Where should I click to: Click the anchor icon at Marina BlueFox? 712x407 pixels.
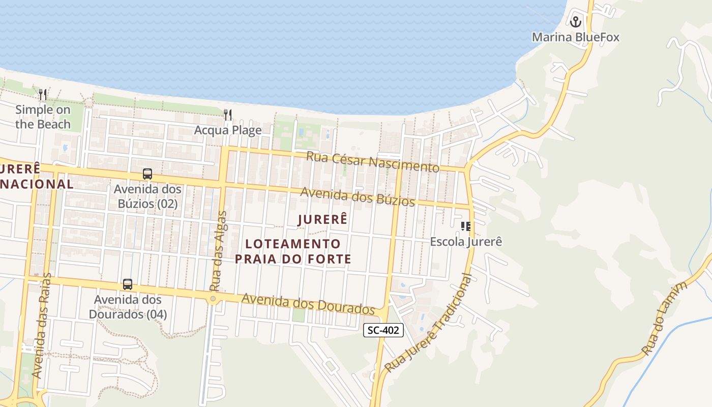[x=576, y=22]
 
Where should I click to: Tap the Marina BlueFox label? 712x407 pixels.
[x=576, y=37]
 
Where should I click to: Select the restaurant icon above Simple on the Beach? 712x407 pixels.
[x=43, y=95]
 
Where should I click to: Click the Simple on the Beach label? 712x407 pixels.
[x=43, y=117]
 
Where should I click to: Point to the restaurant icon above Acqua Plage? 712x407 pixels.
[x=228, y=115]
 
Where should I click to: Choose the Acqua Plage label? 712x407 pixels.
[x=228, y=130]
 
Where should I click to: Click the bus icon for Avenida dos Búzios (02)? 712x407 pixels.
[x=147, y=174]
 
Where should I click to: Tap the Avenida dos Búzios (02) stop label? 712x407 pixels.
[x=147, y=196]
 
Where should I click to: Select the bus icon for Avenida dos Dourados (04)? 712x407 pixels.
[x=128, y=284]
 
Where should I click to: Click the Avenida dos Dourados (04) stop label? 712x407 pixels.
[x=128, y=307]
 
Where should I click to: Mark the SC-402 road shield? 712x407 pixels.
[x=384, y=330]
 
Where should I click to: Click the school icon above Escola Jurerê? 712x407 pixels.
[x=466, y=226]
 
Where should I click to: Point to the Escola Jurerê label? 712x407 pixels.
[x=466, y=242]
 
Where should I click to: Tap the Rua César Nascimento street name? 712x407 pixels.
[x=373, y=161]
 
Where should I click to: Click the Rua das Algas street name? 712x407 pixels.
[x=217, y=251]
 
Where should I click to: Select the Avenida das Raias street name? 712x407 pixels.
[x=42, y=326]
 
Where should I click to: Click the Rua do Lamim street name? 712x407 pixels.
[x=665, y=318]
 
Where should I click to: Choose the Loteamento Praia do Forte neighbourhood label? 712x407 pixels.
[x=293, y=251]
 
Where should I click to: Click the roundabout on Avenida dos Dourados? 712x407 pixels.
[x=213, y=299]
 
